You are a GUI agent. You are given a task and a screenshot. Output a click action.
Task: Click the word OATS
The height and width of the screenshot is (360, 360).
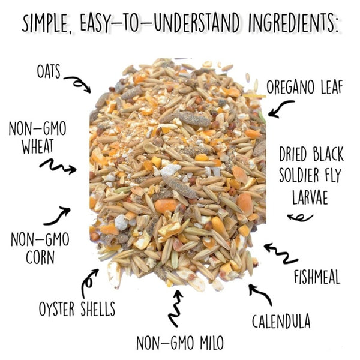(49, 71)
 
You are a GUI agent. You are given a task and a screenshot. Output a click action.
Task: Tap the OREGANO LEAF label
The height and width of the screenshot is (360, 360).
(304, 87)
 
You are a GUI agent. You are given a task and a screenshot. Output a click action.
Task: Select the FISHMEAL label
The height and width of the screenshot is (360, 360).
(317, 277)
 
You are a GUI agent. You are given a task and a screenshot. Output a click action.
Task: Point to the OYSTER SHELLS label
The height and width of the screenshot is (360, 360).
(77, 309)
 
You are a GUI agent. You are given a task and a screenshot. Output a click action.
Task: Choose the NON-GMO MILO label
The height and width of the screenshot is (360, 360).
(180, 343)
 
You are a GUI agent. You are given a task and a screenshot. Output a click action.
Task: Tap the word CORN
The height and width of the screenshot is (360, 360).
(40, 257)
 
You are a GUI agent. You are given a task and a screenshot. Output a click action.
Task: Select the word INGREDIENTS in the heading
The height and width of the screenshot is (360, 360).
(294, 23)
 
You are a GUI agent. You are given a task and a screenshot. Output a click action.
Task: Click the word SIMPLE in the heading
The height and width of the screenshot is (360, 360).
(46, 23)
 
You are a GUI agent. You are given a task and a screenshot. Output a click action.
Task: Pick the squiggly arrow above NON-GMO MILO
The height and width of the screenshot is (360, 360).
(175, 308)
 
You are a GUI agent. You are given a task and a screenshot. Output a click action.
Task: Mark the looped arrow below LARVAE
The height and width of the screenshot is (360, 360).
(299, 218)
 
